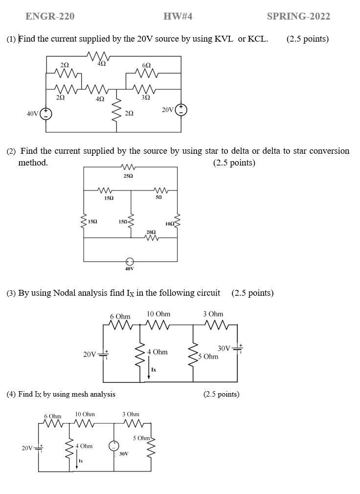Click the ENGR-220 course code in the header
[50, 17]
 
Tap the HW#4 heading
[178, 17]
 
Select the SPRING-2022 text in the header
[298, 17]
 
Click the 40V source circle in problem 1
[46, 114]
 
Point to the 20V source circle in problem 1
[181, 110]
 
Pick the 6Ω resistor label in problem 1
[146, 66]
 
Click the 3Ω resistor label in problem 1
[146, 97]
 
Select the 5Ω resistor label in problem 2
[158, 198]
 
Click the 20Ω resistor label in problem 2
[151, 231]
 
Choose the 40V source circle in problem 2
[130, 261]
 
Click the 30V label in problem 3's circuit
[224, 348]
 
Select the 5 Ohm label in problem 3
[209, 356]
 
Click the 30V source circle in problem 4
[114, 446]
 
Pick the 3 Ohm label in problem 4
[131, 414]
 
